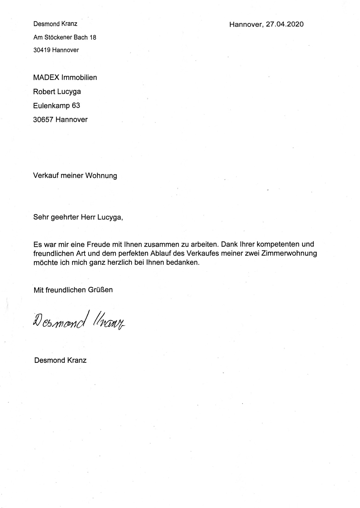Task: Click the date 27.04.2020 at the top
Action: pyautogui.click(x=285, y=24)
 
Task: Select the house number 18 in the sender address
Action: pyautogui.click(x=93, y=37)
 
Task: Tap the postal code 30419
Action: pyautogui.click(x=42, y=50)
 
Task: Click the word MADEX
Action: pyautogui.click(x=46, y=77)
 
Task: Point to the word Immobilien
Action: pyautogui.click(x=79, y=77)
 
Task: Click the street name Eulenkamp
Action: pyautogui.click(x=51, y=106)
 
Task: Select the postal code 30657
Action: pyautogui.click(x=43, y=120)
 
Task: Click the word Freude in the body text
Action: pyautogui.click(x=98, y=244)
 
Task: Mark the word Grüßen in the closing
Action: pyautogui.click(x=101, y=290)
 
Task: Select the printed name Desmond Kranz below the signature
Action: pyautogui.click(x=61, y=360)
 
